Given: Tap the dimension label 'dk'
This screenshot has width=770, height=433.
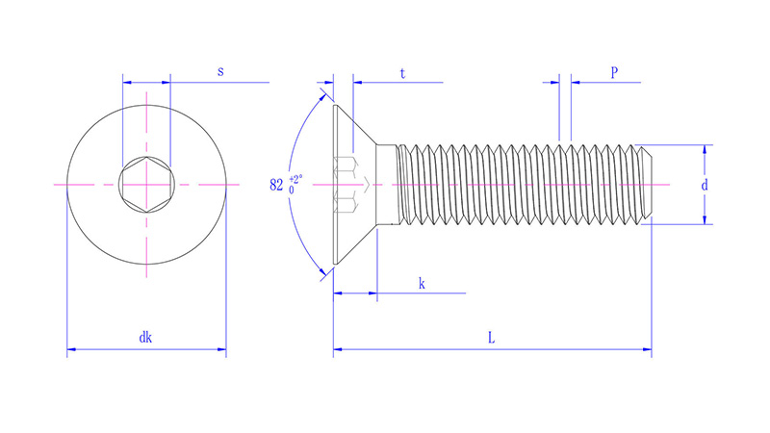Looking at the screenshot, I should (x=145, y=338).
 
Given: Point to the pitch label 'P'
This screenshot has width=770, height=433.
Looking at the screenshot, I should (x=613, y=72).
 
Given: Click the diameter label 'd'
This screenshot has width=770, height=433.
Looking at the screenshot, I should (x=705, y=184).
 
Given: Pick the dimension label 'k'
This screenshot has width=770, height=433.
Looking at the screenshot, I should (x=422, y=283).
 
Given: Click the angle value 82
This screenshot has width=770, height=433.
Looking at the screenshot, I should (x=277, y=184).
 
